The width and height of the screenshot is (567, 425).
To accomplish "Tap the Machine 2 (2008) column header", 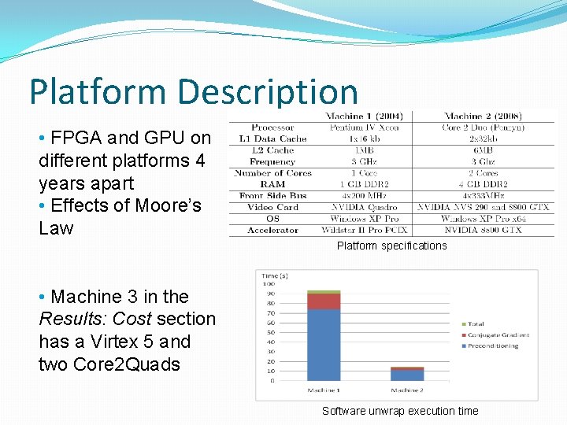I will coord(483,116).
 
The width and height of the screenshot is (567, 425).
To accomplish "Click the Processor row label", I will coord(272,128).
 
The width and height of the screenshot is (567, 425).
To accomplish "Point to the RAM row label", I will coord(272,184).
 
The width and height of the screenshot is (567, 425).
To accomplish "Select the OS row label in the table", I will coord(272,218).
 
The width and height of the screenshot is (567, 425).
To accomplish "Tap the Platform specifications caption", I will coord(391,246).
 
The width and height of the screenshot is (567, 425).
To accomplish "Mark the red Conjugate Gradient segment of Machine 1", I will coord(324,301).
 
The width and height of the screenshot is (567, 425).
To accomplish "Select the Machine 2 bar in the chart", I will coord(407,374).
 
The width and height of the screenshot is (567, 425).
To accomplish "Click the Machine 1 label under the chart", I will coord(324,390).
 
